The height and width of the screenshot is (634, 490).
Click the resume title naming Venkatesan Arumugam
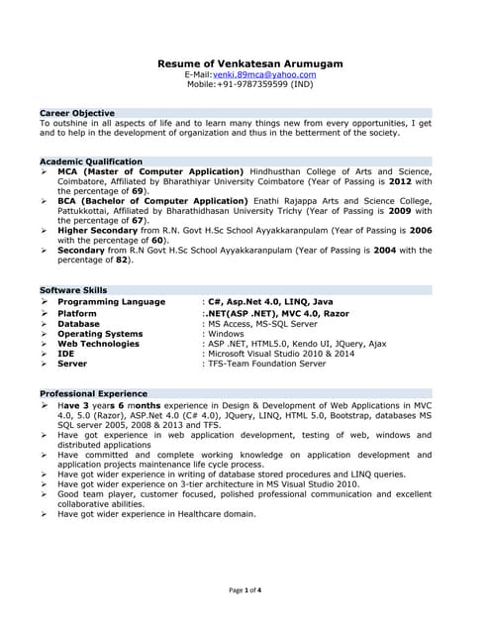(250, 63)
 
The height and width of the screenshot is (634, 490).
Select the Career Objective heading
(76, 113)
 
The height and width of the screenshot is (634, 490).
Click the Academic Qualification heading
(91, 160)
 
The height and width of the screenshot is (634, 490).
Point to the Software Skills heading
(73, 289)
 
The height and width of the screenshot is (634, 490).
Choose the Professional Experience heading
(93, 393)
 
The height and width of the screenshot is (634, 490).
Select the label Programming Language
(111, 301)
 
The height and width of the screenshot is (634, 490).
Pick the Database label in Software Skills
(78, 323)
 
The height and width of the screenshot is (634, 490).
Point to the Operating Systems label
(100, 334)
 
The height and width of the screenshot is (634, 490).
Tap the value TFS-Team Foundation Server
(266, 364)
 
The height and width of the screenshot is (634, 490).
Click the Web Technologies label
(98, 344)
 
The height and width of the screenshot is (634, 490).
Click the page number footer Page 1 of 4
(245, 590)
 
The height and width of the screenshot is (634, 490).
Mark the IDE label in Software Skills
(65, 354)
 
